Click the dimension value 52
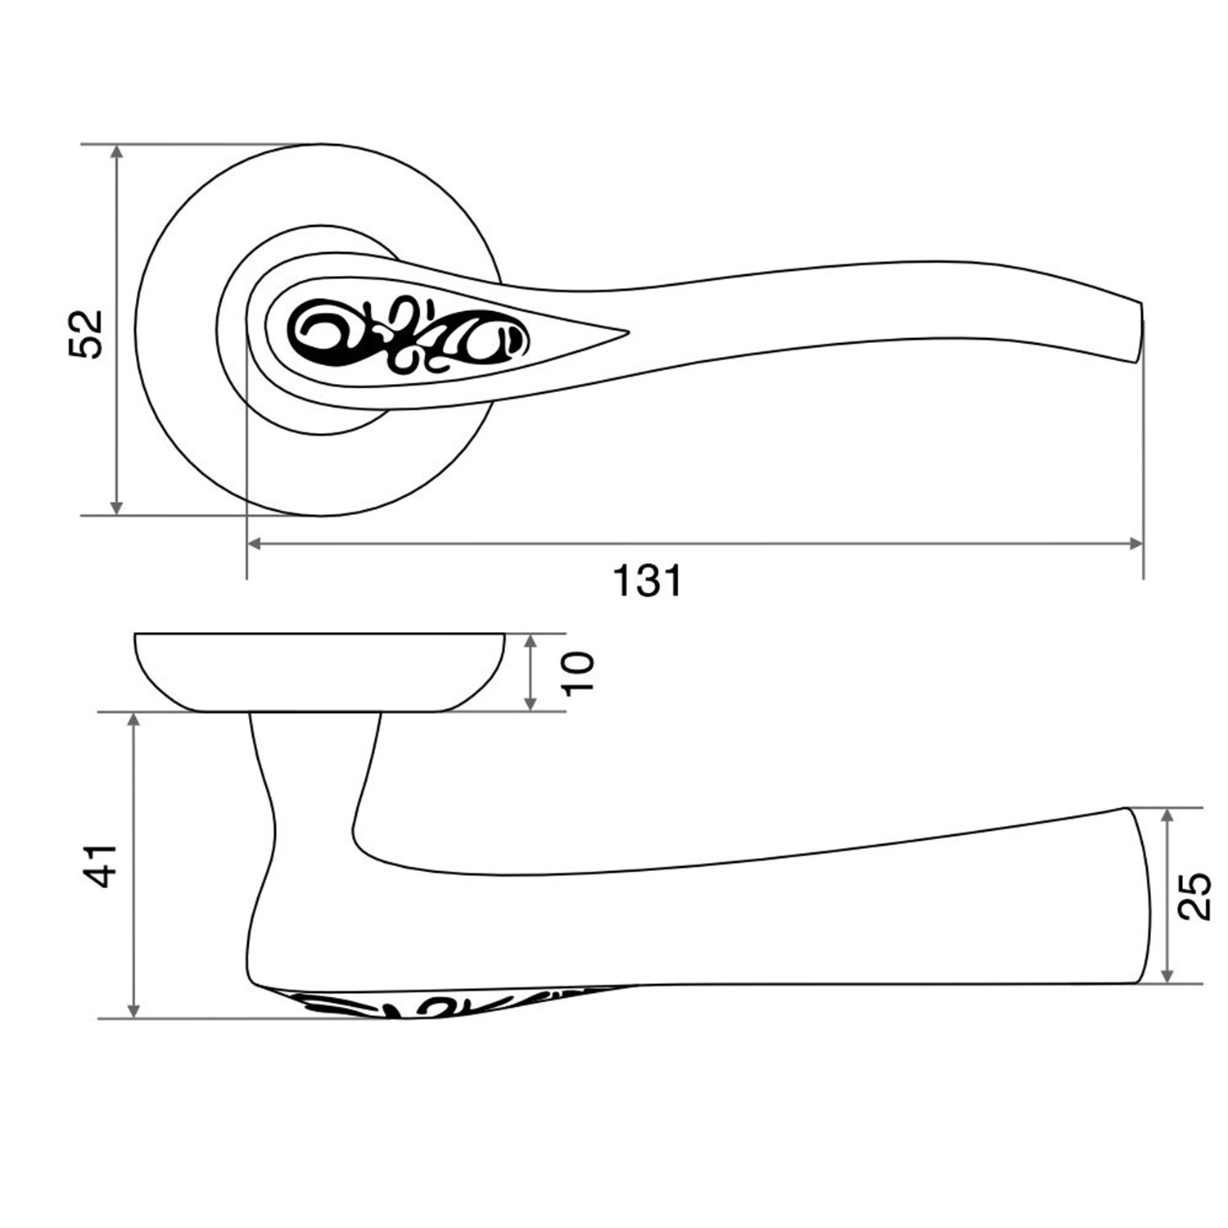click(x=86, y=332)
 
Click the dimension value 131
click(x=647, y=581)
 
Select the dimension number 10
click(x=578, y=672)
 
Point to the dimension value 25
click(x=1196, y=896)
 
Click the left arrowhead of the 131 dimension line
click(x=254, y=543)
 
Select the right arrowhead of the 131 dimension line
click(x=1136, y=543)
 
